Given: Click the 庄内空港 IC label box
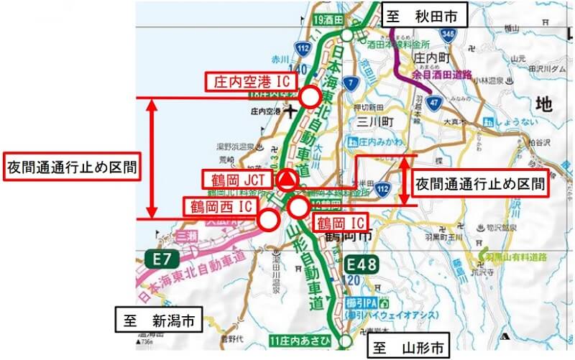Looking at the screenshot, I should [x=248, y=81].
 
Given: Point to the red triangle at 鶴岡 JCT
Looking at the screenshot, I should [x=287, y=180].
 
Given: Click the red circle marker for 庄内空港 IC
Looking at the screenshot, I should [x=310, y=97].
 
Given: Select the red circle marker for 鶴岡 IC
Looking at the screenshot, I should [x=298, y=208].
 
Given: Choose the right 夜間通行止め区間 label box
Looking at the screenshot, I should [x=479, y=183].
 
